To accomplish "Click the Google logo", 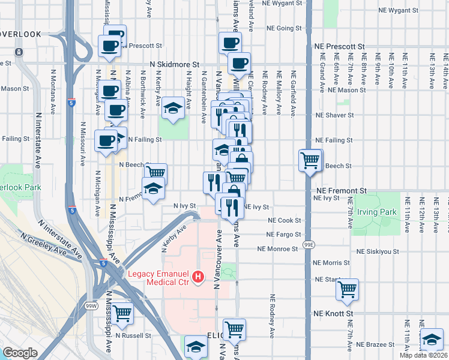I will (x=20, y=353).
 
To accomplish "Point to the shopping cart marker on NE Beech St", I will (x=310, y=160).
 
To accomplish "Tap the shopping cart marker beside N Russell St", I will (x=122, y=312).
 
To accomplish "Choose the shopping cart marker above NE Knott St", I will (x=347, y=289).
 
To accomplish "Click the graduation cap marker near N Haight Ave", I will (x=173, y=109).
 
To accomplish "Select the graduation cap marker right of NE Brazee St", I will (x=432, y=340).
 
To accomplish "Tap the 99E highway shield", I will (x=309, y=245).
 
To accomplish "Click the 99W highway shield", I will (x=91, y=305).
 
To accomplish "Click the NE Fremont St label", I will (x=340, y=190).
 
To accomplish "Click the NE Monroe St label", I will (x=279, y=248).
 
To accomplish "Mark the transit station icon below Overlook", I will (x=19, y=52).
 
